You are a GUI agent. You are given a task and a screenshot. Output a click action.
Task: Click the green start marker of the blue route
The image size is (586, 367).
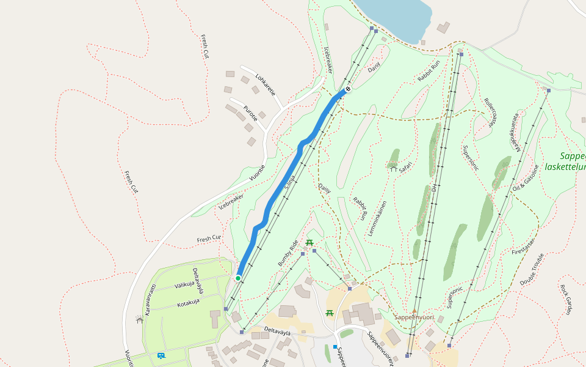coord(238,278)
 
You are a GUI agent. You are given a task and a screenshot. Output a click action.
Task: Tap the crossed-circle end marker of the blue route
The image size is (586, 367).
coord(348,89)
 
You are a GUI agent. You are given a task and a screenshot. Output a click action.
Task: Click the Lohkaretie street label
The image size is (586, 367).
coord(266,85)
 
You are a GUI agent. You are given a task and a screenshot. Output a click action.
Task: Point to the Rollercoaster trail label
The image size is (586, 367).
coord(490,112)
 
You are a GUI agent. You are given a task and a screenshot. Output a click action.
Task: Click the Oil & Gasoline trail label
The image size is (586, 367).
coord(526,178)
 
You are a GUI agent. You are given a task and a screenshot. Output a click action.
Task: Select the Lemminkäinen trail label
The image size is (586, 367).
coord(378,219)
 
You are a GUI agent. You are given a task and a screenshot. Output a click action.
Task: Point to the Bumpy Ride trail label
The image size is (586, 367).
coord(289,253)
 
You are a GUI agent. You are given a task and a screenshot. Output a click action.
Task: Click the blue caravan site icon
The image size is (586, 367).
coord(161,355)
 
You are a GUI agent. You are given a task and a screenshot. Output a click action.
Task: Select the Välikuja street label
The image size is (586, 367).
coord(184,284)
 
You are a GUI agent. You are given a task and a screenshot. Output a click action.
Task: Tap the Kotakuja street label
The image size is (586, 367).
coord(188,302)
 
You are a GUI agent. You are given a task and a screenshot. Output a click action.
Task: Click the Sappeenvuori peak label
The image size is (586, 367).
coord(414,317)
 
